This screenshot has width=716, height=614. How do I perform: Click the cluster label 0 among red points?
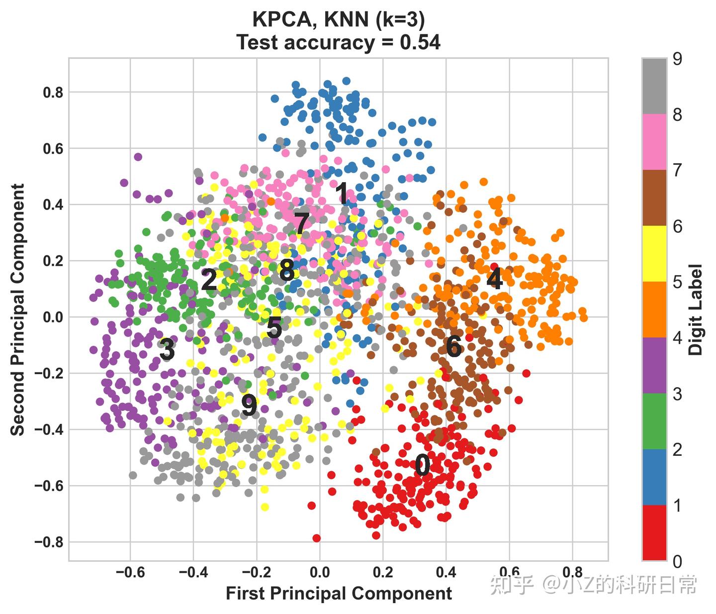click(x=422, y=466)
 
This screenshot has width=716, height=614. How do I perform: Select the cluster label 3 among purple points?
click(x=167, y=349)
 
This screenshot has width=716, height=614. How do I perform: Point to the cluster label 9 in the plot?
click(x=249, y=406)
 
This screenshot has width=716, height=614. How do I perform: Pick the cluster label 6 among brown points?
click(x=453, y=346)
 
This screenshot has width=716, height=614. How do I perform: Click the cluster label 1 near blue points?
click(x=342, y=194)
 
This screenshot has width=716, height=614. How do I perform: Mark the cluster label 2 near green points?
click(x=209, y=280)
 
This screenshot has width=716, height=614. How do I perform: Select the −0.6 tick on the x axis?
click(x=130, y=572)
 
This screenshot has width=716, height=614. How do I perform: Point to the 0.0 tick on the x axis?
click(x=320, y=572)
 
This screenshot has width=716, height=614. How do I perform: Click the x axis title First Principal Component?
click(x=339, y=594)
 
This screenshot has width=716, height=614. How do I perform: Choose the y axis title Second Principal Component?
click(x=18, y=309)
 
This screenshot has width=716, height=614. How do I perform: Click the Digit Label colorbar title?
click(x=697, y=309)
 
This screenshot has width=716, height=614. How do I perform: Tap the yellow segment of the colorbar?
click(x=654, y=253)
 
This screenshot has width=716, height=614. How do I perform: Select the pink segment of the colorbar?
click(x=654, y=142)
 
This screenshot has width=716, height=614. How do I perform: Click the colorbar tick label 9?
click(x=677, y=59)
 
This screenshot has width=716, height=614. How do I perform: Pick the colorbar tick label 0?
click(x=677, y=562)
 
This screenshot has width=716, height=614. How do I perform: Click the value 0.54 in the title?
click(x=420, y=43)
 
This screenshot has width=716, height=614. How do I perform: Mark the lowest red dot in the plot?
click(x=317, y=538)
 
